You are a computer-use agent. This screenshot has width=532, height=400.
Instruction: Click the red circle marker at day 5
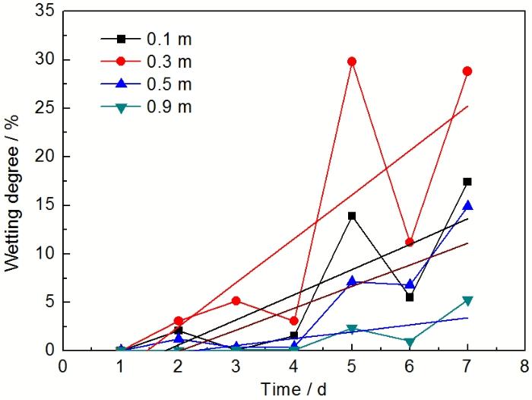click(351, 62)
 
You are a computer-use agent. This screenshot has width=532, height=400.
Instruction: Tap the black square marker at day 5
click(351, 216)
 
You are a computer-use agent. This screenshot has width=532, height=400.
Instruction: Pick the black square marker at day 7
click(467, 182)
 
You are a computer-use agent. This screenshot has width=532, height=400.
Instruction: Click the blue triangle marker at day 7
click(467, 205)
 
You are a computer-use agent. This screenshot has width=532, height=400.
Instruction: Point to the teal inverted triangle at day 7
click(467, 301)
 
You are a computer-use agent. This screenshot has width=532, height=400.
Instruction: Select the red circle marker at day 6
click(409, 242)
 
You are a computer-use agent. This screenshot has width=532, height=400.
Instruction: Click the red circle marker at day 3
click(236, 300)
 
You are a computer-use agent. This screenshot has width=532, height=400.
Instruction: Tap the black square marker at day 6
click(409, 297)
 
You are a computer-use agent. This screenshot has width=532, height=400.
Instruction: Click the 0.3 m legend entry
click(152, 61)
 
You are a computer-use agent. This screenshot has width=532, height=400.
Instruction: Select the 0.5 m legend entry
click(152, 84)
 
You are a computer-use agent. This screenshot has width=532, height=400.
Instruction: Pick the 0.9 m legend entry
click(152, 106)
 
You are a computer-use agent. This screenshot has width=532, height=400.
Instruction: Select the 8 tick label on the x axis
click(524, 366)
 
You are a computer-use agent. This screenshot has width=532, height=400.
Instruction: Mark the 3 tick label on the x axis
click(236, 366)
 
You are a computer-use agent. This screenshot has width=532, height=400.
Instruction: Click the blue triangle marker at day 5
click(351, 281)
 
